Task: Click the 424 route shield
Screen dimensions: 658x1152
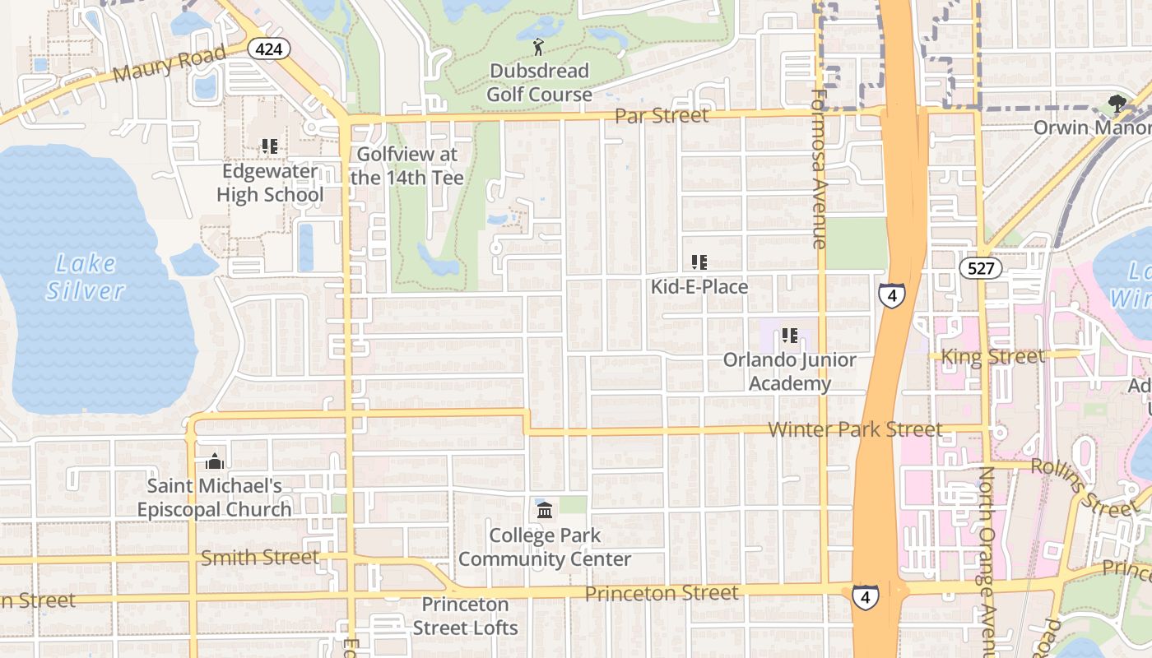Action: (x=269, y=49)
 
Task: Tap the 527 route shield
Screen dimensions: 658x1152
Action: (x=981, y=268)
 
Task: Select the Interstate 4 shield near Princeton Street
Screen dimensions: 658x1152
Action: (x=864, y=597)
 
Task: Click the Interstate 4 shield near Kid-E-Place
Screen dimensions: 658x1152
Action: (x=891, y=294)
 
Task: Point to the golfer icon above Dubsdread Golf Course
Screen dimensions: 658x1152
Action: (x=539, y=47)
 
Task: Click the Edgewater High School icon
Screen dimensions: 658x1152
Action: (x=270, y=146)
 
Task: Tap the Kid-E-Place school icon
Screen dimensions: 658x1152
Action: (x=699, y=262)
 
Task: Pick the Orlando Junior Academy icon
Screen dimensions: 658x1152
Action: (x=790, y=336)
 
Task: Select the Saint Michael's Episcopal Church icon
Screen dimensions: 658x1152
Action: (x=215, y=461)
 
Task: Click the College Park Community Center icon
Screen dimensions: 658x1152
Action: (x=545, y=511)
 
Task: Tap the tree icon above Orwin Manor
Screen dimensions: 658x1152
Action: (x=1117, y=104)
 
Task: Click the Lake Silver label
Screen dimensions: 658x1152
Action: (x=85, y=277)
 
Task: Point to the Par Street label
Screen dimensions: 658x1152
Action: (x=662, y=115)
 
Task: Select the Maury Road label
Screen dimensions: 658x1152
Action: (x=170, y=63)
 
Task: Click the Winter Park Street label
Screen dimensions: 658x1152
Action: (x=855, y=429)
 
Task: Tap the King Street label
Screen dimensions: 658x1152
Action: (x=992, y=357)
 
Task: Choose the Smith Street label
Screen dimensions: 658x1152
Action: (x=260, y=558)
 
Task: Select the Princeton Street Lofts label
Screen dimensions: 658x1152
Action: (x=466, y=616)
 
